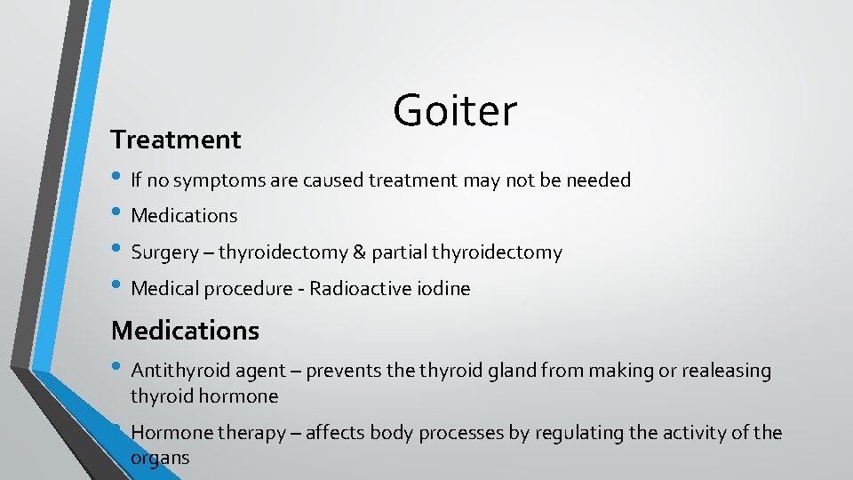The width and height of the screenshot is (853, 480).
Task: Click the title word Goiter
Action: pos(454,111)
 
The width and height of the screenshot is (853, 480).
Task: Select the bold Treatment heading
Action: pos(176,140)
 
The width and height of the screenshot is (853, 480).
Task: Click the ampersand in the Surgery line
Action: pos(359,252)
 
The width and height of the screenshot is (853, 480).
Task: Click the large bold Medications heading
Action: pos(185,331)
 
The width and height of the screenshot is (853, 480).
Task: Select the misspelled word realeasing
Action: pos(727,371)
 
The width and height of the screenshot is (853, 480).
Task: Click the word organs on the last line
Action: pos(160,459)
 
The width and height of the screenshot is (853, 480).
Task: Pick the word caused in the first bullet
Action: pos(333,181)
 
